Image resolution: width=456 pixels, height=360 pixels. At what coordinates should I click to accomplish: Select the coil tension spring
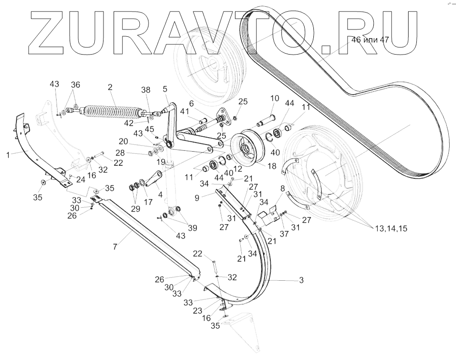click(113, 112)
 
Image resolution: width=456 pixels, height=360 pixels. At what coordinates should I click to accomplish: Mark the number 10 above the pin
click(274, 99)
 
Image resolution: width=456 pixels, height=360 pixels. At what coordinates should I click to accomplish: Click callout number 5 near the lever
click(165, 89)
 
